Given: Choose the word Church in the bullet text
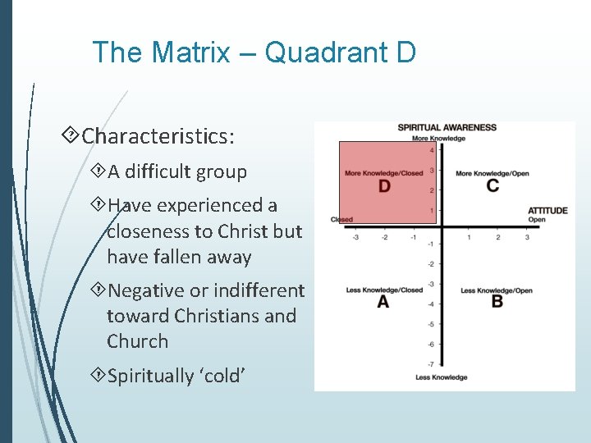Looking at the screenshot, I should point(137,341).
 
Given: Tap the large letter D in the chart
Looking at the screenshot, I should point(384,186).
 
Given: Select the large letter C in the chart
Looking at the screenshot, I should point(492,185).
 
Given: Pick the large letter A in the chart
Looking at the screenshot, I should point(383,303).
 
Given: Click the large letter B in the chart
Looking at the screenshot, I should point(497,302).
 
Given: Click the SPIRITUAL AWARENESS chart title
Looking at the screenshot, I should point(447,127).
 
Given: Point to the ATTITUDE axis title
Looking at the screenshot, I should point(547,211).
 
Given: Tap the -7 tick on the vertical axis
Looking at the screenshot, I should point(431,363).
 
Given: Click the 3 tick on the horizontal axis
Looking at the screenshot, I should point(527,237).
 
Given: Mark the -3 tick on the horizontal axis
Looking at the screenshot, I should point(355,237).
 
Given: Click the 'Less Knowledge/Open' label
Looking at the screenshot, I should point(497,290).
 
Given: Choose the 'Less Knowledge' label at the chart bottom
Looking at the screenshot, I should point(441,377).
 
